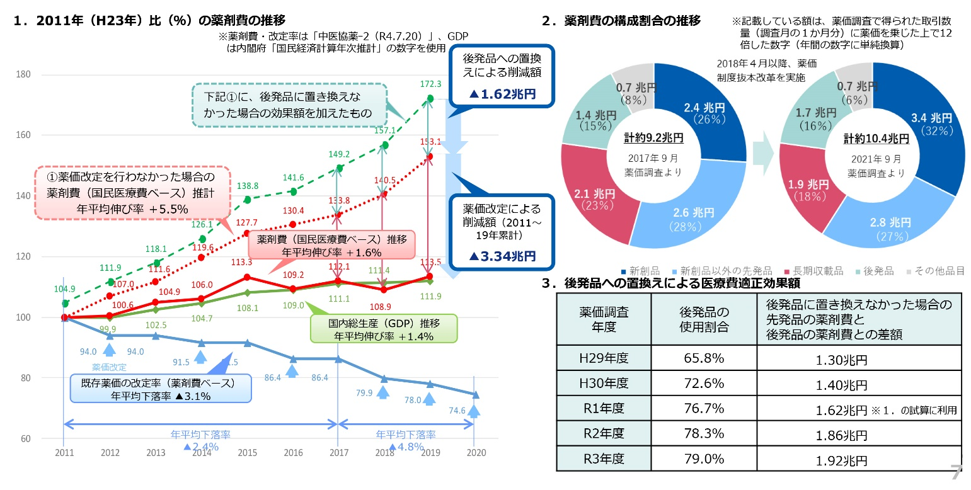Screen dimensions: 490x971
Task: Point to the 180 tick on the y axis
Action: [x=23, y=74]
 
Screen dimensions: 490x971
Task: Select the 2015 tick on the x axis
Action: [x=247, y=452]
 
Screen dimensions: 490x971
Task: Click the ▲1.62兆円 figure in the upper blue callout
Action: [x=502, y=94]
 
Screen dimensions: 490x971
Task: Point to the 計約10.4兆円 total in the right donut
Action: [x=873, y=139]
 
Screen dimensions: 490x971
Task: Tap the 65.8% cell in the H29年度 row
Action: [x=704, y=359]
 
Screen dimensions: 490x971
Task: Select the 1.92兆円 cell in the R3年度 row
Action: [x=842, y=459]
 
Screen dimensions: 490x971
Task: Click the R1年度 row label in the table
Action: [x=603, y=409]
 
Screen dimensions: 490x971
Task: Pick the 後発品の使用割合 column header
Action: [x=704, y=319]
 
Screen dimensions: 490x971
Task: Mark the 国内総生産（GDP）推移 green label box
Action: [x=384, y=329]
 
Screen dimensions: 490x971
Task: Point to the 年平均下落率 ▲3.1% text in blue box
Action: [x=161, y=396]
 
